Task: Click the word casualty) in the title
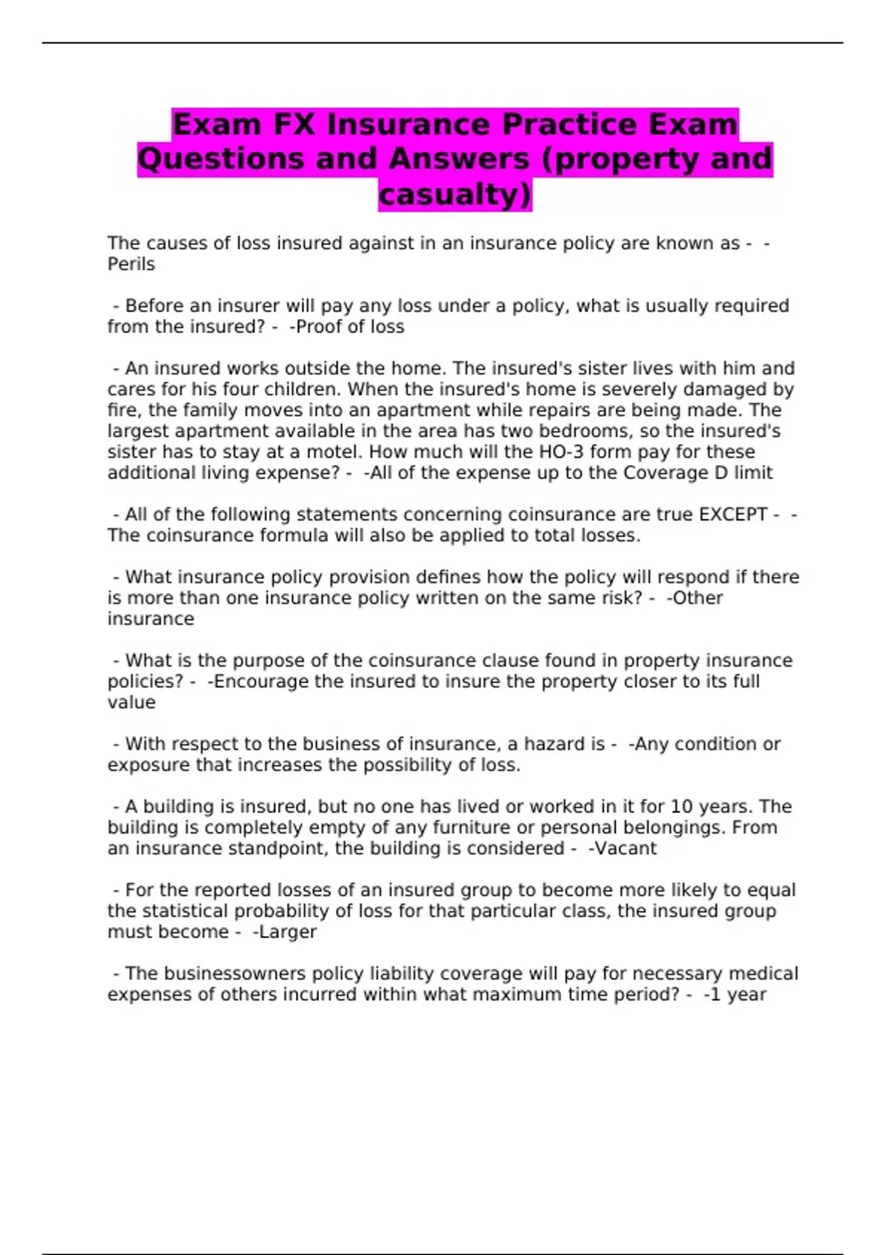(x=455, y=194)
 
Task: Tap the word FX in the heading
(x=293, y=124)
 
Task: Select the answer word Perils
(x=131, y=264)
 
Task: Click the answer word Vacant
(x=625, y=848)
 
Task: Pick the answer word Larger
(x=287, y=932)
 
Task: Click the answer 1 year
(x=738, y=994)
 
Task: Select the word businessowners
(x=234, y=974)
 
